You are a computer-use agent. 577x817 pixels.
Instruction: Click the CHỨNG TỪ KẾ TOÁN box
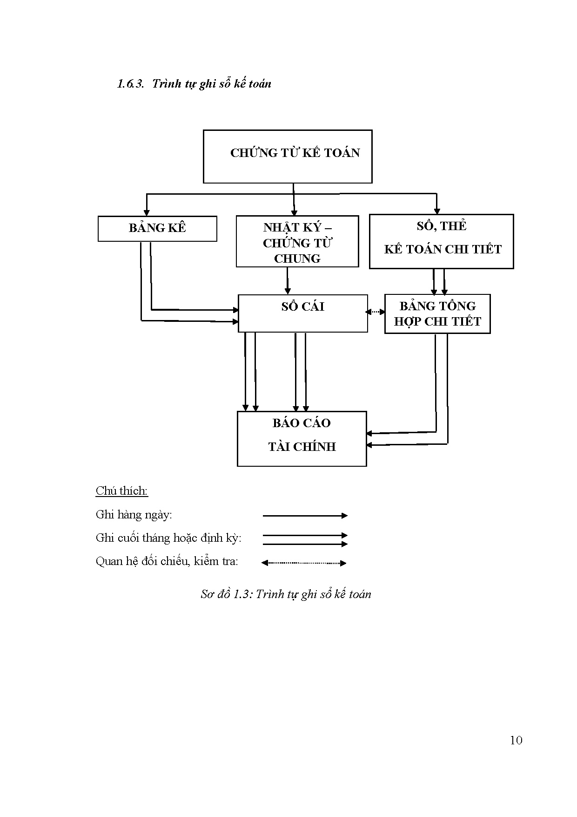coord(288,157)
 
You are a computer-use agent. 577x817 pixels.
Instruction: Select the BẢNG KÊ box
coord(157,228)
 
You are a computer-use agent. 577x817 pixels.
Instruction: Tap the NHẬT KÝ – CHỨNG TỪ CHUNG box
coord(297,241)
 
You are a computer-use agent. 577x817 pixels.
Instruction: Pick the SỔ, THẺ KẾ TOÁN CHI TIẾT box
coord(441,241)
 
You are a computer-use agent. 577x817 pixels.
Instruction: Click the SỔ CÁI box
coord(302,313)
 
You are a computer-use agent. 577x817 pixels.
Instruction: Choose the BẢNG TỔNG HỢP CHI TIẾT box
coord(437,313)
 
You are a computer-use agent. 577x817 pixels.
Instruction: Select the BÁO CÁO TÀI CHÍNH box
coord(302,438)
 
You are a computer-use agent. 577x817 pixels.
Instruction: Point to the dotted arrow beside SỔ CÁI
coord(376,312)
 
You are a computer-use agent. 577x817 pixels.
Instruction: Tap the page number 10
coord(516,741)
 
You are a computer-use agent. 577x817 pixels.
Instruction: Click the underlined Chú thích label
coord(122,491)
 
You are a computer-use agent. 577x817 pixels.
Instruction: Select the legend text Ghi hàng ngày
coord(134,515)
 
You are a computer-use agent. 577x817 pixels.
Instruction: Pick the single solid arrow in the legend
coord(305,516)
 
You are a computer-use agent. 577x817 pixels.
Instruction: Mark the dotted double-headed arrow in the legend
coord(304,563)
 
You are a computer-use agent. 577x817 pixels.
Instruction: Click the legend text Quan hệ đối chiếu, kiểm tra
coord(167,561)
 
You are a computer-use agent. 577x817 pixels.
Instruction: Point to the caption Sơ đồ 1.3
coord(226,594)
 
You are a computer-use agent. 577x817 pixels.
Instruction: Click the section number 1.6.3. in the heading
coord(131,84)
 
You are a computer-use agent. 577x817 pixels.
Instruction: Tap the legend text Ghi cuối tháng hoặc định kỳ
coord(168,538)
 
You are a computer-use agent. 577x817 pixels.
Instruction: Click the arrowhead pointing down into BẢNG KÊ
coord(147,213)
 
